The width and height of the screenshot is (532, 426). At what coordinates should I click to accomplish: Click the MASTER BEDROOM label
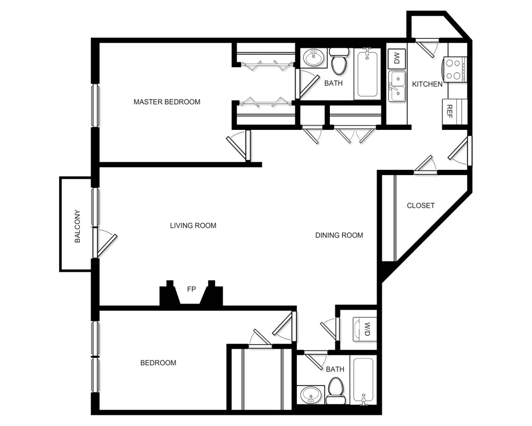pyautogui.click(x=167, y=102)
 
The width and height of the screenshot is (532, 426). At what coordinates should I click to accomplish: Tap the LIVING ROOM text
pyautogui.click(x=193, y=225)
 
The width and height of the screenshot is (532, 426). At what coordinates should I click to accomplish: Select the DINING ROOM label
pyautogui.click(x=339, y=235)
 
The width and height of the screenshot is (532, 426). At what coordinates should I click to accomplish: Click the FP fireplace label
pyautogui.click(x=191, y=289)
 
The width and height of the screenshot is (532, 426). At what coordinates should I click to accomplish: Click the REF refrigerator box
pyautogui.click(x=450, y=111)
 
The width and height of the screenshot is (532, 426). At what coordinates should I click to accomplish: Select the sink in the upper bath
pyautogui.click(x=313, y=58)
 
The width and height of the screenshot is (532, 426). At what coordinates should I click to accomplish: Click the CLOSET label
pyautogui.click(x=421, y=206)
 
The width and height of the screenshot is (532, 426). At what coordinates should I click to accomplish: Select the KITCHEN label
pyautogui.click(x=427, y=84)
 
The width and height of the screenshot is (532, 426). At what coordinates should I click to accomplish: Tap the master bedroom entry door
pyautogui.click(x=238, y=144)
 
